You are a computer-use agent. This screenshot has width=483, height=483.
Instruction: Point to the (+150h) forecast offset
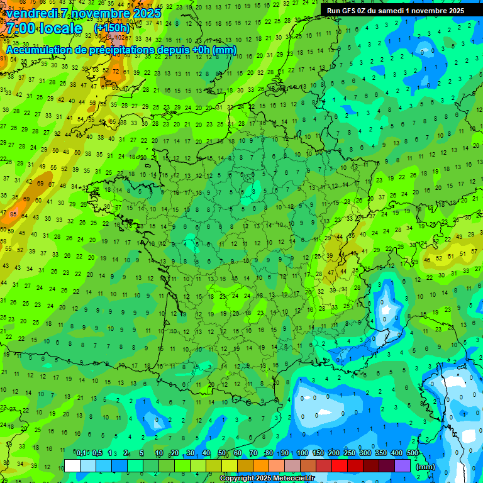click(112, 28)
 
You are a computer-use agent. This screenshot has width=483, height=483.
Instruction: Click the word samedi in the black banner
click(391, 11)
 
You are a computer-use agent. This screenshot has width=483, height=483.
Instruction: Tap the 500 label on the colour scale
click(413, 453)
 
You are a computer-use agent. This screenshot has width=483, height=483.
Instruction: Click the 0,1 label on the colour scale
click(81, 453)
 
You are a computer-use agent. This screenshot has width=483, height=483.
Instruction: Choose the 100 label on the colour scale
click(303, 453)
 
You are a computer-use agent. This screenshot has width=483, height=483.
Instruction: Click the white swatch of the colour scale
click(72, 465)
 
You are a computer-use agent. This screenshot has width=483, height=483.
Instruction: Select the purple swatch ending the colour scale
click(402, 465)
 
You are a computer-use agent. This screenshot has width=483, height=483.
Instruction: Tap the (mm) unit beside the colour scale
click(426, 467)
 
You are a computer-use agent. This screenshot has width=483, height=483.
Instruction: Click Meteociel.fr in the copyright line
click(290, 479)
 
